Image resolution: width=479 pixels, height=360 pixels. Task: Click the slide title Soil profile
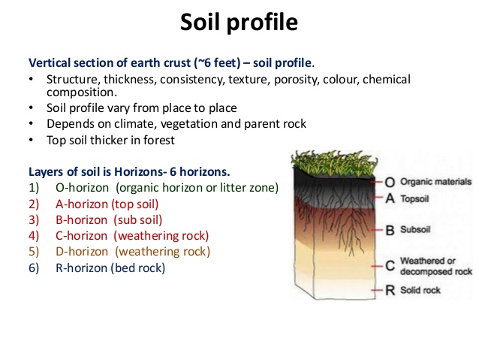(x=239, y=22)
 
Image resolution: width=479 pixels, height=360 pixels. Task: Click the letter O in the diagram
(x=390, y=182)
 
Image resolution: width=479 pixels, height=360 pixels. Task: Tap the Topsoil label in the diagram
(x=418, y=199)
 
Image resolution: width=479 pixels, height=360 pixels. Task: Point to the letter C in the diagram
(x=390, y=265)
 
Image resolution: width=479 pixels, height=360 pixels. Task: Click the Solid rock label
(x=420, y=290)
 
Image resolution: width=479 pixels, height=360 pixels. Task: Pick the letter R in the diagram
(x=390, y=290)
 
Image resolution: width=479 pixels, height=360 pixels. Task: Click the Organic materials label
(x=435, y=182)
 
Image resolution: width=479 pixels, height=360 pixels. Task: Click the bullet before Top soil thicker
(x=32, y=139)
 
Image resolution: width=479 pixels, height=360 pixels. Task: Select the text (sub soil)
(x=139, y=219)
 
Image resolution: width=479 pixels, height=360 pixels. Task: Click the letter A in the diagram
(x=390, y=199)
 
